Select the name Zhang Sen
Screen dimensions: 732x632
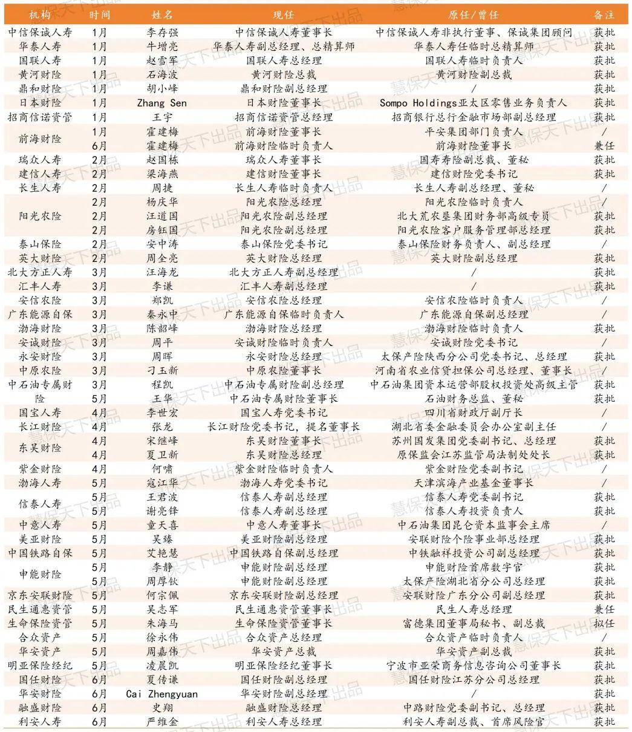tap(162, 103)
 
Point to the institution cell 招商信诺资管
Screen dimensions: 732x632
tap(40, 117)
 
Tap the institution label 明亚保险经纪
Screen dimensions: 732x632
tap(40, 665)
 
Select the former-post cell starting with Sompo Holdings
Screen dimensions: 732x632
tap(474, 103)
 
